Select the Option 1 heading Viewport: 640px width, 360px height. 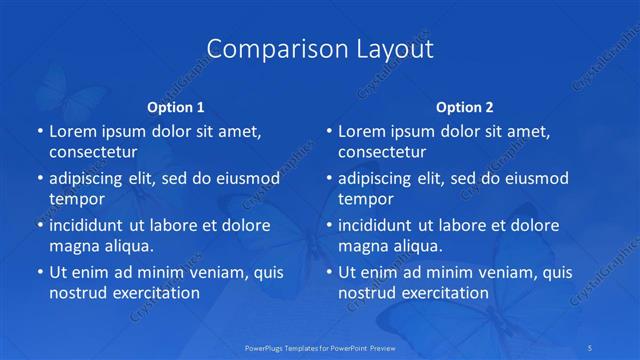coord(176,106)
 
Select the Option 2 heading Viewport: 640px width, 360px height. coord(465,106)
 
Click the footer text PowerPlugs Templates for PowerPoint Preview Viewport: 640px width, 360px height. coord(320,347)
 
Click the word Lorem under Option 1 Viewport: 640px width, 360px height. coord(73,131)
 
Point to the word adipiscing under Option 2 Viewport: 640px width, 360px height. coord(381,178)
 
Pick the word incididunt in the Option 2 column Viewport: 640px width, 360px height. coord(381,225)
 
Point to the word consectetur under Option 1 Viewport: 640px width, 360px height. coord(92,152)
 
